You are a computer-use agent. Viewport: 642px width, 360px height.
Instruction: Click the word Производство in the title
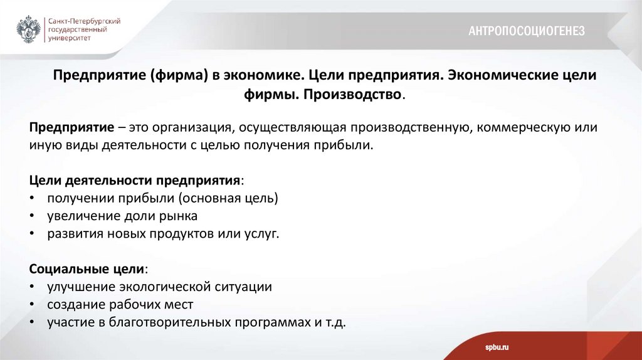[x=363, y=95]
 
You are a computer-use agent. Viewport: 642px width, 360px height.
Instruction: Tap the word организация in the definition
[x=189, y=127]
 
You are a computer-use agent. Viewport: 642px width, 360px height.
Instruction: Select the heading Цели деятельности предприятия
[x=135, y=180]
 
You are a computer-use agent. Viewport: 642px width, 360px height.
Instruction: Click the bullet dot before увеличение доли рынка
[x=33, y=216]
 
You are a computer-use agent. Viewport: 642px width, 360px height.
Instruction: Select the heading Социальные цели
[x=88, y=269]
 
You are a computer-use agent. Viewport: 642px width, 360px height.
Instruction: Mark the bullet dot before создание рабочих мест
[x=33, y=305]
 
